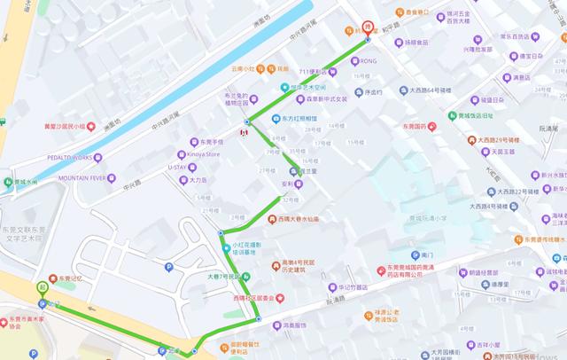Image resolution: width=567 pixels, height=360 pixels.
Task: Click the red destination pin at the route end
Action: (367, 28)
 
